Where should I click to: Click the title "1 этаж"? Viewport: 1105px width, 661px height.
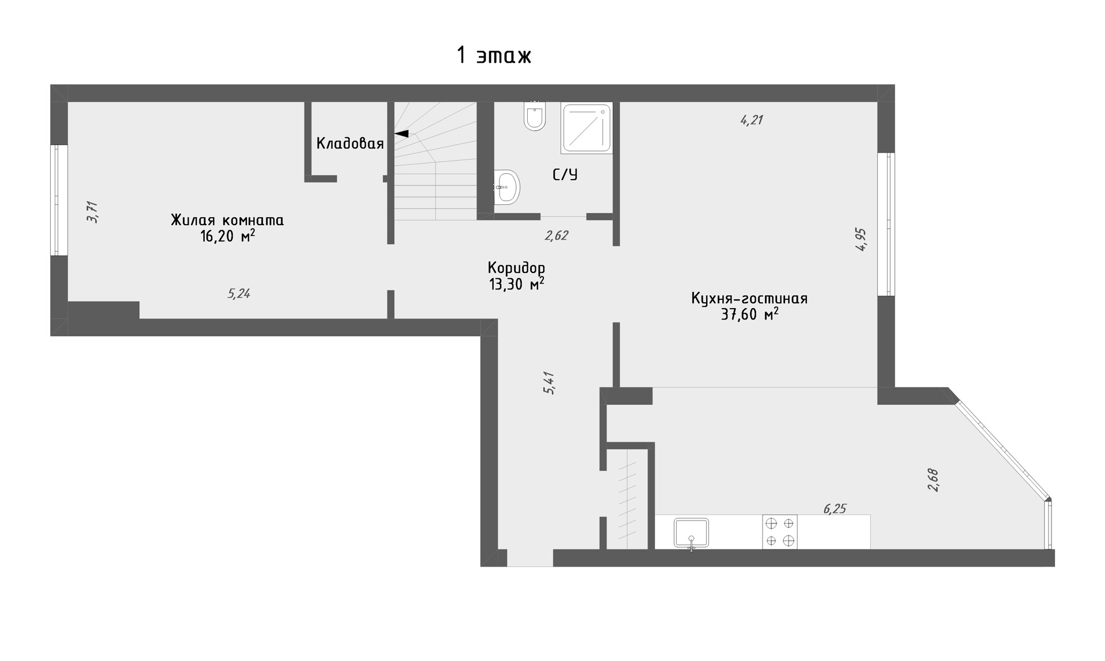point(494,56)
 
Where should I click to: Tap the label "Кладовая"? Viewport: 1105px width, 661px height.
point(350,143)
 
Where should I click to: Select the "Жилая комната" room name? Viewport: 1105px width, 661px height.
point(227,220)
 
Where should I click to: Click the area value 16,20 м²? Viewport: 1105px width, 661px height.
point(227,236)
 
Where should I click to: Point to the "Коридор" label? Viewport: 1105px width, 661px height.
point(516,268)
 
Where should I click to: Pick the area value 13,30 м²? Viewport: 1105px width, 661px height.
point(517,284)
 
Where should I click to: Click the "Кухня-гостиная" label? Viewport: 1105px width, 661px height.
point(749,299)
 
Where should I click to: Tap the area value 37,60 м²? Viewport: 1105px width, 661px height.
point(750,314)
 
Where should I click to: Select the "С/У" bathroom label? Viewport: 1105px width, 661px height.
point(565,174)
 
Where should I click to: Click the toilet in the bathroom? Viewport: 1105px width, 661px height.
point(535,116)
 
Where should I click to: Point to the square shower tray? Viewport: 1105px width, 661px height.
point(587,128)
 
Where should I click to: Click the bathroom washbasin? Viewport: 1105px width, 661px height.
point(506,187)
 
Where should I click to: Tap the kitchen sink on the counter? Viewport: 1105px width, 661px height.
point(691,533)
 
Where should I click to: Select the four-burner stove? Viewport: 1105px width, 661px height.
point(780,531)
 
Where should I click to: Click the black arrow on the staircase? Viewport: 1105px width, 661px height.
point(401,134)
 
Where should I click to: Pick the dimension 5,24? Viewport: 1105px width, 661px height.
point(239,294)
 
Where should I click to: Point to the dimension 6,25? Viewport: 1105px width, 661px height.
point(835,509)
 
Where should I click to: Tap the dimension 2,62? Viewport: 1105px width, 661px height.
point(557,235)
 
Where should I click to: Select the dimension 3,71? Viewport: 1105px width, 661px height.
point(93,212)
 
